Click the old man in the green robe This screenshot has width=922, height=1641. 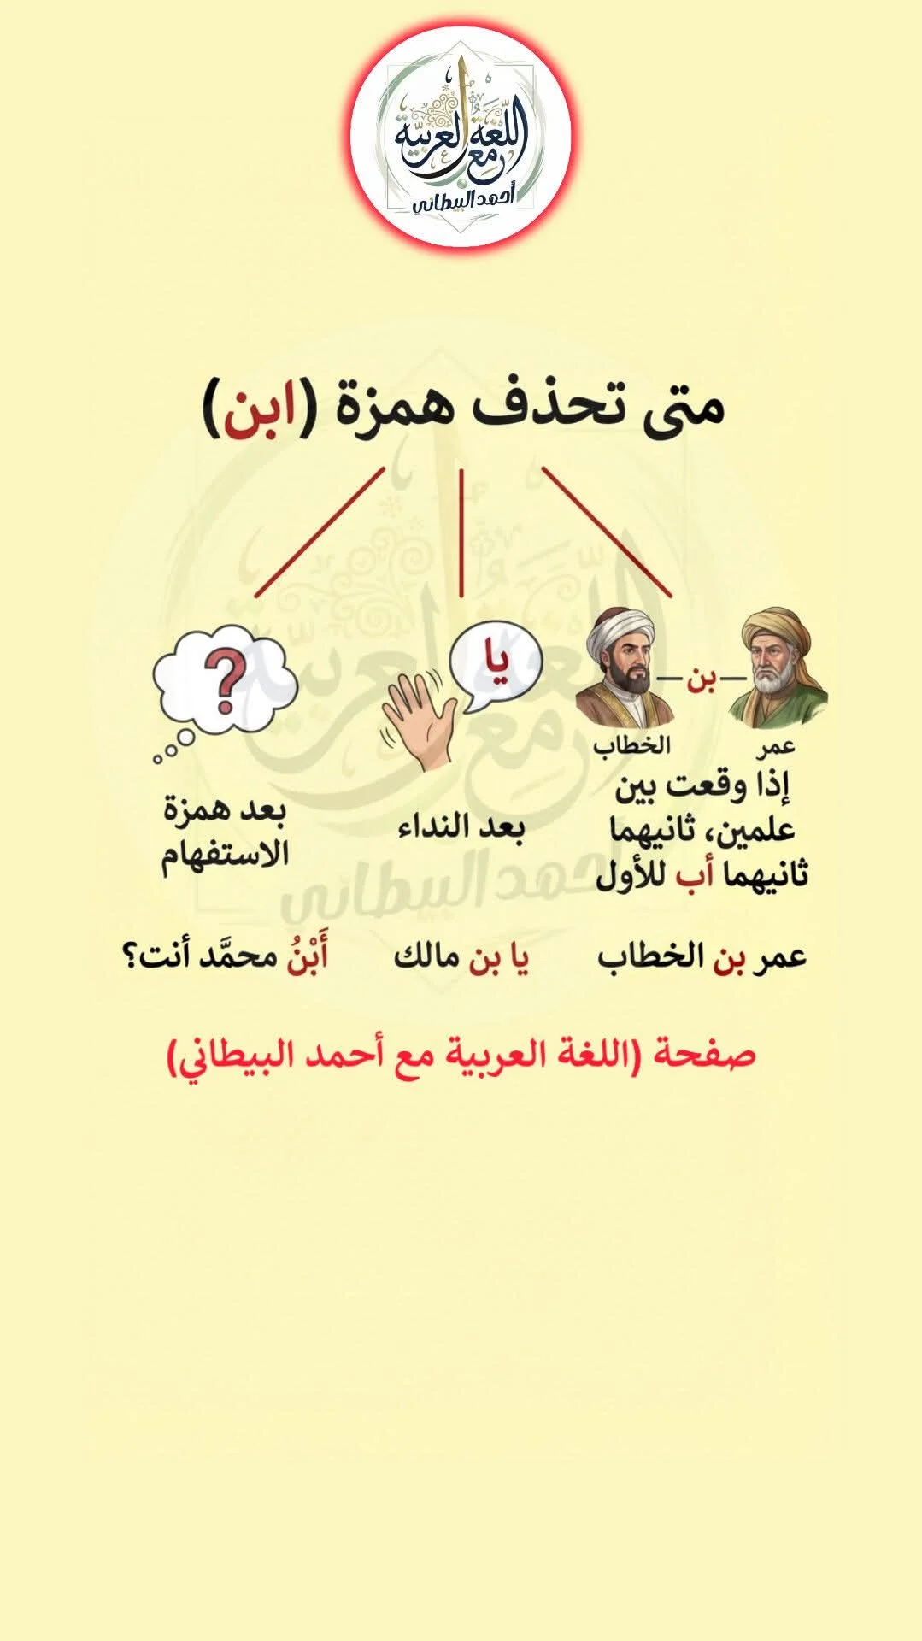tap(777, 668)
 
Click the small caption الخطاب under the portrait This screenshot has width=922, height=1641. tap(632, 746)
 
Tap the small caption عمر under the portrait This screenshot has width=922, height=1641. tap(776, 747)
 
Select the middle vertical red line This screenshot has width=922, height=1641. tap(461, 532)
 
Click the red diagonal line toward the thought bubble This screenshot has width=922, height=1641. tap(320, 532)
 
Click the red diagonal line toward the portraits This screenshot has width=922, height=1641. tap(607, 531)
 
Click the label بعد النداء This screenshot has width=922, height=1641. tap(461, 827)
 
